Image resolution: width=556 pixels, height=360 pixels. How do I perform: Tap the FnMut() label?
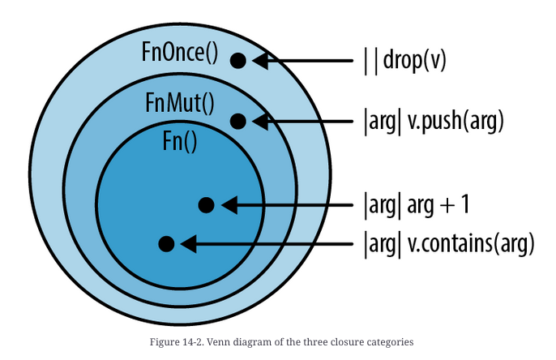(179, 103)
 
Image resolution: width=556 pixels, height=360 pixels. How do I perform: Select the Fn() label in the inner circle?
(180, 141)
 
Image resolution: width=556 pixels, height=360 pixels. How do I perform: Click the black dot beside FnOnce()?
(237, 60)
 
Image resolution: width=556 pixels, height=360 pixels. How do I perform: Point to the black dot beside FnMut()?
(237, 122)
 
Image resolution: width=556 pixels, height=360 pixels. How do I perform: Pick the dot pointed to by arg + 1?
(206, 205)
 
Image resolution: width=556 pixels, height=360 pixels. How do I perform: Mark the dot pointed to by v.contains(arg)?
(166, 242)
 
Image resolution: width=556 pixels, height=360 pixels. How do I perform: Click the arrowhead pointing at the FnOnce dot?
(261, 60)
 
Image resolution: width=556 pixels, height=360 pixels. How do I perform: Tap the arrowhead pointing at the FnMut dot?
(261, 122)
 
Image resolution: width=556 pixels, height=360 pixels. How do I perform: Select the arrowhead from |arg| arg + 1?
(229, 205)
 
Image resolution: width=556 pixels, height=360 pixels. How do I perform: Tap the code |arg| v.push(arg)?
(434, 122)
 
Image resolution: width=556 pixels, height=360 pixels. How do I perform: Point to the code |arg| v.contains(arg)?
(448, 242)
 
